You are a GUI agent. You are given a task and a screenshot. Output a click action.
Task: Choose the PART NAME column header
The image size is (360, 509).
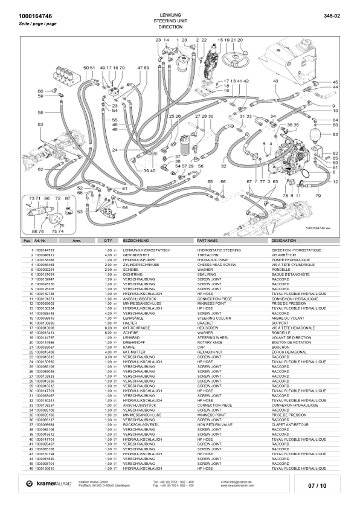tap(209, 241)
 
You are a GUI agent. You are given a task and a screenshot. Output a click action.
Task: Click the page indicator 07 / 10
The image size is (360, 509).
tap(317, 485)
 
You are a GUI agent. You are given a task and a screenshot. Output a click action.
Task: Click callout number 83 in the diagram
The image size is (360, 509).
tap(335, 133)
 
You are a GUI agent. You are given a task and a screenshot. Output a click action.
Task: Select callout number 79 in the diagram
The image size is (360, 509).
tap(318, 196)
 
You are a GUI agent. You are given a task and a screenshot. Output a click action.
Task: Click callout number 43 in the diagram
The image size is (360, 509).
tap(275, 80)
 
